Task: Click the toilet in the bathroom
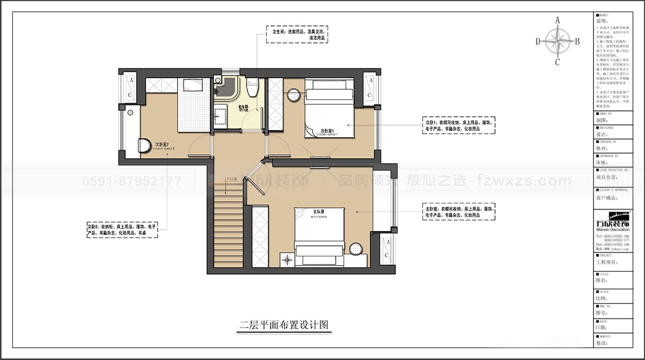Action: click(x=252, y=87)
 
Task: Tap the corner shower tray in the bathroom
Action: click(x=224, y=88)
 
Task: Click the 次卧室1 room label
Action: click(x=329, y=132)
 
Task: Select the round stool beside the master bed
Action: click(x=356, y=248)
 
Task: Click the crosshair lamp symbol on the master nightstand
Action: click(x=287, y=259)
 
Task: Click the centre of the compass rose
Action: click(x=558, y=41)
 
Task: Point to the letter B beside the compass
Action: click(x=577, y=41)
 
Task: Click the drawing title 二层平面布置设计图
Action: click(x=284, y=325)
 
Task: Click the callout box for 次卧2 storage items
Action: click(x=122, y=229)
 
